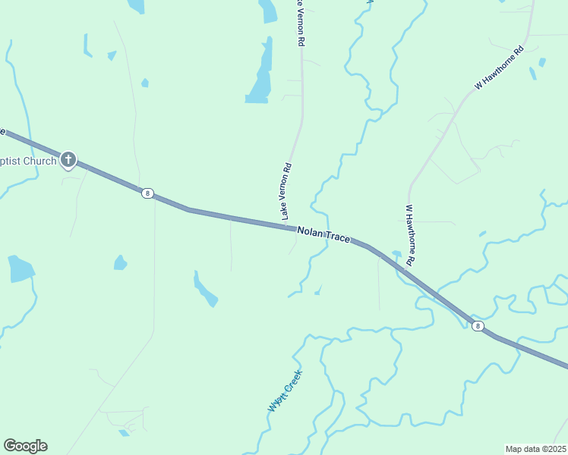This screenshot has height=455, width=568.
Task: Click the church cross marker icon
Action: click(x=68, y=159)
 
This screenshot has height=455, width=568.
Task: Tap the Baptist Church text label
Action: click(x=28, y=161)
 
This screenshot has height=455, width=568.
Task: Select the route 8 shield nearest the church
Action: click(x=147, y=193)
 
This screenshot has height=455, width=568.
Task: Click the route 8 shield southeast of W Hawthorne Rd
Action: click(x=477, y=326)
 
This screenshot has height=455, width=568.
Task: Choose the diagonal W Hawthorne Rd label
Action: click(x=499, y=69)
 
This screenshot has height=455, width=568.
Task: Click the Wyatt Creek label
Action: click(x=285, y=391)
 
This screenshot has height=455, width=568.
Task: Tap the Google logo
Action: click(x=25, y=446)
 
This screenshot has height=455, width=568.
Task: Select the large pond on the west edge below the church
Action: click(x=21, y=268)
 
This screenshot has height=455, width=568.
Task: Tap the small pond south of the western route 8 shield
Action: click(x=120, y=262)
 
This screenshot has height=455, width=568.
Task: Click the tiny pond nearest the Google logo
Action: click(x=124, y=433)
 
